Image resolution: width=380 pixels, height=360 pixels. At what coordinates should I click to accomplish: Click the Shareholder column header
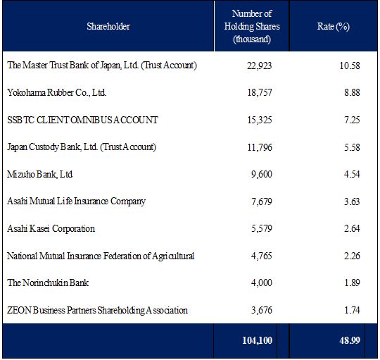[108, 26]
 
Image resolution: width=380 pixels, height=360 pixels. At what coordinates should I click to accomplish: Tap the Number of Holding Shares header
[252, 26]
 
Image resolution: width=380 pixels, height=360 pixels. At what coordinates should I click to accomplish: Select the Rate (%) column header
[334, 26]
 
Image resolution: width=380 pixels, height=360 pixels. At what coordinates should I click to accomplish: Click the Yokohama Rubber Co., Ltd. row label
[57, 93]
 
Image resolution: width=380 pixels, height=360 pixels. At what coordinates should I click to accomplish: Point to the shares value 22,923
[259, 66]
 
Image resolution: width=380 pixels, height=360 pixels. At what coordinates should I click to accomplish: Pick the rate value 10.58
[350, 66]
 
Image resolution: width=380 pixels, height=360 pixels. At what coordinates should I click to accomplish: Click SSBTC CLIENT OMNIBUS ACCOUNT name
[82, 120]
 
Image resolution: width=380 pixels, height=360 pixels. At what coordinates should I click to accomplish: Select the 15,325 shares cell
[260, 120]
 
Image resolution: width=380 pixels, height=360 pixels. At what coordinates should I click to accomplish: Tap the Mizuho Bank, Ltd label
[39, 174]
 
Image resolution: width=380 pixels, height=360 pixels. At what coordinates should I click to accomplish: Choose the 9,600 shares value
[262, 174]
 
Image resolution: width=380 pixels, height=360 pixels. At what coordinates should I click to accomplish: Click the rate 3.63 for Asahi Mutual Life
[352, 201]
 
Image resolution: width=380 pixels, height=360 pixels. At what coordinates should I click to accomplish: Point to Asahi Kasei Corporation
[51, 229]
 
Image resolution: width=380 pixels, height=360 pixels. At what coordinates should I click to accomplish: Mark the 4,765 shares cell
[262, 256]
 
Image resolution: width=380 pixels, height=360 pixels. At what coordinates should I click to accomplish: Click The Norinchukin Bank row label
[48, 283]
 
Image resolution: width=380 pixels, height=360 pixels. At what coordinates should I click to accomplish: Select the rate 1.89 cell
[352, 283]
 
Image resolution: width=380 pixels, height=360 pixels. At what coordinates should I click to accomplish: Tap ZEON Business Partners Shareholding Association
[97, 310]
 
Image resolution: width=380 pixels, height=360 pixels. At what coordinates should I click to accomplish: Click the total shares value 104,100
[257, 340]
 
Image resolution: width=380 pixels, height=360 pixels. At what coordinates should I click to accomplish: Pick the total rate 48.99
[350, 340]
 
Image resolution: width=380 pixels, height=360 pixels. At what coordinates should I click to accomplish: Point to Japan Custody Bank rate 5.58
[352, 147]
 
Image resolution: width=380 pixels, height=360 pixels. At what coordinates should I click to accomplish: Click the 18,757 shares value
[260, 93]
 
